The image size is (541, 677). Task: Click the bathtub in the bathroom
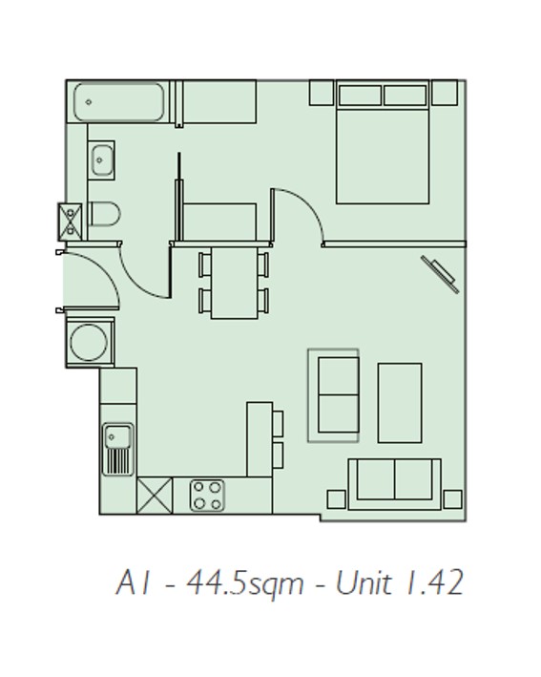[118, 102]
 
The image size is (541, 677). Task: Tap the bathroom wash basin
[102, 160]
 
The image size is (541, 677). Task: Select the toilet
[104, 214]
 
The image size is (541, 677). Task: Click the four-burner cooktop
[207, 495]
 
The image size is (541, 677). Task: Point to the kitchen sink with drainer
[117, 449]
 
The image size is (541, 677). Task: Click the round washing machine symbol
[89, 342]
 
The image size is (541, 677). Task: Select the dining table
[235, 283]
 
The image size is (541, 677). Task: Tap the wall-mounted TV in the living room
[440, 274]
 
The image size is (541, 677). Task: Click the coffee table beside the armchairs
[400, 403]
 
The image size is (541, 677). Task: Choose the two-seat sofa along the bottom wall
[395, 484]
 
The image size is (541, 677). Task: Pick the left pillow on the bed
[361, 95]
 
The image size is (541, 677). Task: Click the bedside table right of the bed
[445, 93]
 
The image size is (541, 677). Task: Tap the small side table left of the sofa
[337, 499]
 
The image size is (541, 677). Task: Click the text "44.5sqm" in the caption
[244, 582]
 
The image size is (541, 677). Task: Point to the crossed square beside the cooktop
[155, 496]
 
